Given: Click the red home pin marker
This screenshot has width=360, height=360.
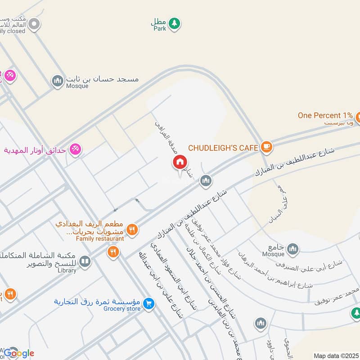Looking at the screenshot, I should point(180,162).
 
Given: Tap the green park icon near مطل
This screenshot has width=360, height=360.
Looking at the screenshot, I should point(175,23).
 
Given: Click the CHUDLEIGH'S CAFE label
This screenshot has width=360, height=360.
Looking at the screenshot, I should point(223,148).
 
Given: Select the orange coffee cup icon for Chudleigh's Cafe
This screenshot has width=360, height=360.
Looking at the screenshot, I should point(266,147).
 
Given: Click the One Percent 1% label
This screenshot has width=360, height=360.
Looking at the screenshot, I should point(325,115).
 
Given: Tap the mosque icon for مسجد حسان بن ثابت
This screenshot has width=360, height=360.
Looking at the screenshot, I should point(57,81).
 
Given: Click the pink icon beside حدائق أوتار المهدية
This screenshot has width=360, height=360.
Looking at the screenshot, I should point(76,149).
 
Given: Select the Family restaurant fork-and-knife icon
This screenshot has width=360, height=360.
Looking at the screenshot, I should point(131,229).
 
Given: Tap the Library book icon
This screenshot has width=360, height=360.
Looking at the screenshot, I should point(84,261).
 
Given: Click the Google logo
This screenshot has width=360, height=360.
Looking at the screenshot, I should point(19,353).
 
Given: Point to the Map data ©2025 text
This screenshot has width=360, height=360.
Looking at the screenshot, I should point(336,355).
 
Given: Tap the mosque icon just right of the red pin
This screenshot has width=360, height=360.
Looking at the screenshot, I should point(206,181).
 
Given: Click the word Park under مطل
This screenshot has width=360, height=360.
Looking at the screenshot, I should point(159,28).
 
